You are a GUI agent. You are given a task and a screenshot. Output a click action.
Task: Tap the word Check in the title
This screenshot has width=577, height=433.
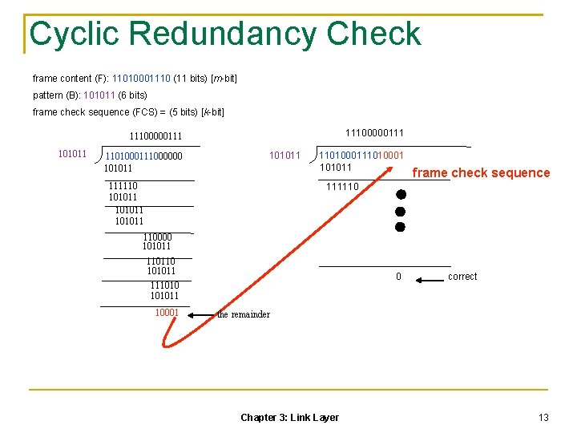(x=373, y=34)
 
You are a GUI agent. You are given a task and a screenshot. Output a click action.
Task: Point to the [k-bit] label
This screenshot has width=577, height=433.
(x=212, y=112)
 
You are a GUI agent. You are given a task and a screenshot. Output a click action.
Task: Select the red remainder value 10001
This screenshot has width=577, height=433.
(x=167, y=312)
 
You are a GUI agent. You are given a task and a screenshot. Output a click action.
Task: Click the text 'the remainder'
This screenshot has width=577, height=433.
(x=244, y=314)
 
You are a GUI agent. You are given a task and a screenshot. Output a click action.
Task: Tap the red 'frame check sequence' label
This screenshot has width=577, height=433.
(x=481, y=172)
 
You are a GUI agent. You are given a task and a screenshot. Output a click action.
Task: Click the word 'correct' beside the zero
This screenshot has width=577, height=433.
(x=462, y=277)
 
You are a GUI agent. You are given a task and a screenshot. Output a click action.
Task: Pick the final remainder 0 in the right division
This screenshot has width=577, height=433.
(x=398, y=277)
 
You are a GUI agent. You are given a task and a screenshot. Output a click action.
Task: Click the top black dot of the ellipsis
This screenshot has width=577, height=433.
(x=401, y=195)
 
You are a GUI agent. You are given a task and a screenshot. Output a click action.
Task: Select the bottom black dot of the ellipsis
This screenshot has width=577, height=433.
(x=401, y=227)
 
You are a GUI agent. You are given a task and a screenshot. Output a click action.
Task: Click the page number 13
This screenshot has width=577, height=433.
(x=543, y=417)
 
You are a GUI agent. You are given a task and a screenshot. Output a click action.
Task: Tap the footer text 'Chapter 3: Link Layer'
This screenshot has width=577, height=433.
(x=289, y=417)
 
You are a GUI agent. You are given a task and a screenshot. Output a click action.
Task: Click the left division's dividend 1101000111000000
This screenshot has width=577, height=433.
(x=144, y=156)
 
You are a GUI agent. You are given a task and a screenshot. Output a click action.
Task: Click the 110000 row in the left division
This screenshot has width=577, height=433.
(x=157, y=237)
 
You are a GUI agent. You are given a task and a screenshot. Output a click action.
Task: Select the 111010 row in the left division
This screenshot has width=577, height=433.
(x=165, y=285)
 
